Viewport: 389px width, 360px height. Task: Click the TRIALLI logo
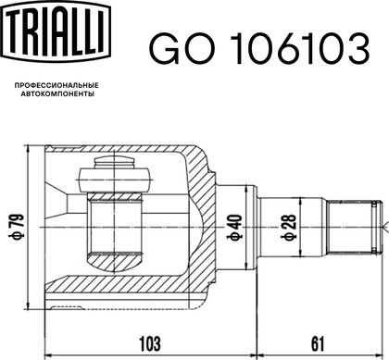[56, 31]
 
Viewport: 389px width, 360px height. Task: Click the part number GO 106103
[259, 48]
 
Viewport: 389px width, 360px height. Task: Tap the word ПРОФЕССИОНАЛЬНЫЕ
[56, 85]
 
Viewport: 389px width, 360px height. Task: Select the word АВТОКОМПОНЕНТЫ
[57, 94]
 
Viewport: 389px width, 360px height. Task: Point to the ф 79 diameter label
[19, 228]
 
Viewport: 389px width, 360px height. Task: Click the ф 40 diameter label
[235, 228]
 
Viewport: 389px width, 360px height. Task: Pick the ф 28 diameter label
[288, 228]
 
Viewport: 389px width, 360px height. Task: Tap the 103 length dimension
[150, 344]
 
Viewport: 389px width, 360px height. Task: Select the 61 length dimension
[318, 344]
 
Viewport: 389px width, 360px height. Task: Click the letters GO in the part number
[182, 48]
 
